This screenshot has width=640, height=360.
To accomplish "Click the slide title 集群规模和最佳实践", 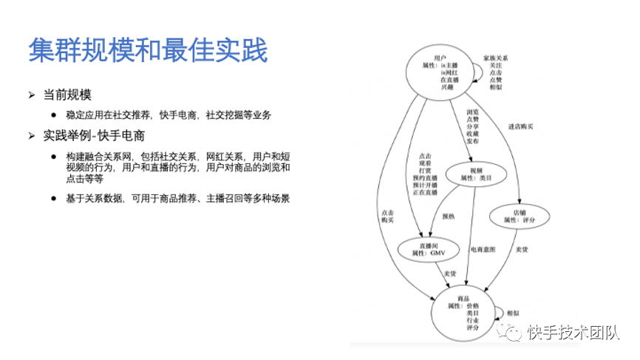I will pyautogui.click(x=148, y=51).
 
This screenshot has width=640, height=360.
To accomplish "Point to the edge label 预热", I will pyautogui.click(x=448, y=217).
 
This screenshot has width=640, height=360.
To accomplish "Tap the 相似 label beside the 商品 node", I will pyautogui.click(x=513, y=313).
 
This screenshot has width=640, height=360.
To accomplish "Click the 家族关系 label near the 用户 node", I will pyautogui.click(x=496, y=57).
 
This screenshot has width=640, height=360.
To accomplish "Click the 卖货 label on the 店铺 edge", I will pyautogui.click(x=522, y=249).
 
